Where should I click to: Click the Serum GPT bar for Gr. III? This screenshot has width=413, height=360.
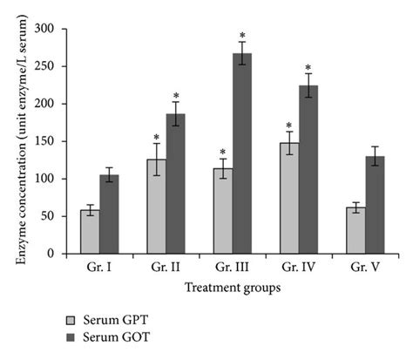[x=223, y=211]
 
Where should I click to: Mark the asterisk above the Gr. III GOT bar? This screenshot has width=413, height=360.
[x=243, y=37]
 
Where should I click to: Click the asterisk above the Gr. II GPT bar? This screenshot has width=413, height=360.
[x=155, y=138]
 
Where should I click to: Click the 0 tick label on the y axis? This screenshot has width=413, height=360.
[x=50, y=254]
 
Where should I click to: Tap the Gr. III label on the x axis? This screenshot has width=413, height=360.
[x=234, y=266]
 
